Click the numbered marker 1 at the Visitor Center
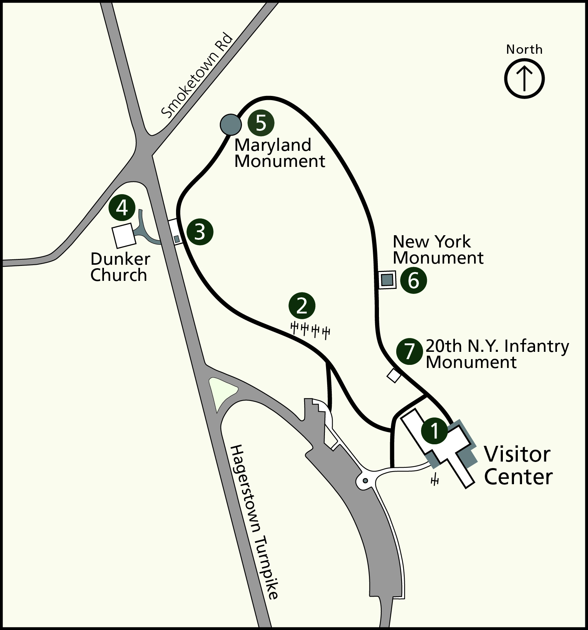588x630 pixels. click(434, 430)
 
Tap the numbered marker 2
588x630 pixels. click(302, 306)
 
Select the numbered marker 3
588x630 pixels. click(200, 232)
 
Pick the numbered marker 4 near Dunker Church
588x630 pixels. click(122, 208)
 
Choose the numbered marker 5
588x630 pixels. click(261, 123)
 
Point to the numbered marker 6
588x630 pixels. click(413, 280)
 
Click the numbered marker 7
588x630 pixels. click(410, 351)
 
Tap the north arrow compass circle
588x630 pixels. click(524, 78)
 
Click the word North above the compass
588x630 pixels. click(524, 49)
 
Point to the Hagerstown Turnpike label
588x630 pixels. click(255, 522)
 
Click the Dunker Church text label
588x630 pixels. click(120, 267)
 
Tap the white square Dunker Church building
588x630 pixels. click(124, 235)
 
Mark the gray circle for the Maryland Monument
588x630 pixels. click(231, 124)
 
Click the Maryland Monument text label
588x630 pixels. click(279, 153)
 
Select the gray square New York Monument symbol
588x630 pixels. click(387, 280)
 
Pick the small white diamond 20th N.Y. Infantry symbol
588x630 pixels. click(394, 375)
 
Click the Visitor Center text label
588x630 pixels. click(518, 465)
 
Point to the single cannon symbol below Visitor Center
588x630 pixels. click(435, 480)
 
